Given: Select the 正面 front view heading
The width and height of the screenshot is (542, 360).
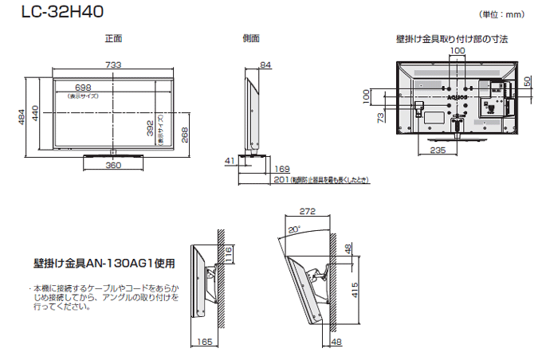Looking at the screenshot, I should click(113, 38).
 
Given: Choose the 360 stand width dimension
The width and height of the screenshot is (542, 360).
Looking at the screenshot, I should click(113, 166).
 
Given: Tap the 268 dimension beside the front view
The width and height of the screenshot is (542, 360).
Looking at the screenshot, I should click(184, 136).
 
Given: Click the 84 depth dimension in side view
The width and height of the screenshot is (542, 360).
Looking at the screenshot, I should click(265, 65).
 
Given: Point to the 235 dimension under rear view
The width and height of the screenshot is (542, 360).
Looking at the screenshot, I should click(437, 150).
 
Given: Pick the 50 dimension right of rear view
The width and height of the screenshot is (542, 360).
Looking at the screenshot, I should click(528, 82).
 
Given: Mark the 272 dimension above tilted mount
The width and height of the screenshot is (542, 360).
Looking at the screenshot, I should click(308, 212).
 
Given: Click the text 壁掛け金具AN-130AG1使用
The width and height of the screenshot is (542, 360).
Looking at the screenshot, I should click(104, 262).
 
